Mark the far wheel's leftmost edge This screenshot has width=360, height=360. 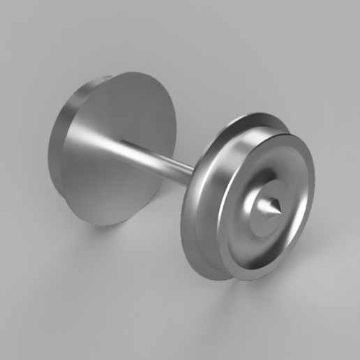tap(50, 147)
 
